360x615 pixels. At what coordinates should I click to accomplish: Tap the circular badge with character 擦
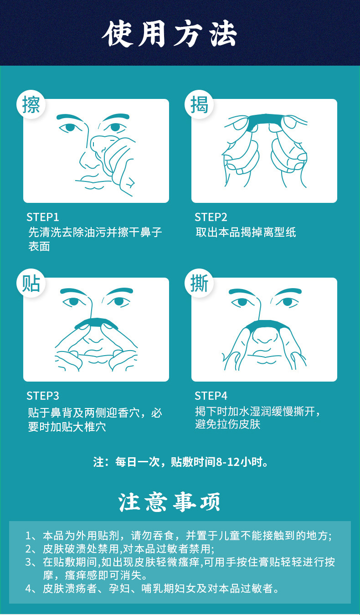pyautogui.click(x=31, y=104)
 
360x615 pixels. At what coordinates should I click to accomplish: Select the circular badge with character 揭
pyautogui.click(x=199, y=104)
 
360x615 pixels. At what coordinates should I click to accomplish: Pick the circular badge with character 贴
pyautogui.click(x=31, y=283)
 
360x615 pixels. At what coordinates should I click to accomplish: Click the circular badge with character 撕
pyautogui.click(x=199, y=283)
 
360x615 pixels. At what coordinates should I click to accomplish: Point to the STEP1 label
pyautogui.click(x=43, y=217)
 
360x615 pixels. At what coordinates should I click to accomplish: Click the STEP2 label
pyautogui.click(x=211, y=217)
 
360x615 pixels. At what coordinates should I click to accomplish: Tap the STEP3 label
pyautogui.click(x=43, y=395)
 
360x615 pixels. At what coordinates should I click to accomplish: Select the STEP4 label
pyautogui.click(x=211, y=395)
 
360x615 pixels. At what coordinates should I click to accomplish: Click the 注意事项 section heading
pyautogui.click(x=170, y=502)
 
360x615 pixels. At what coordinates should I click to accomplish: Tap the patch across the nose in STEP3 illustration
pyautogui.click(x=96, y=322)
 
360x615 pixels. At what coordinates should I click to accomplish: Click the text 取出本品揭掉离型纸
pyautogui.click(x=246, y=232)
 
